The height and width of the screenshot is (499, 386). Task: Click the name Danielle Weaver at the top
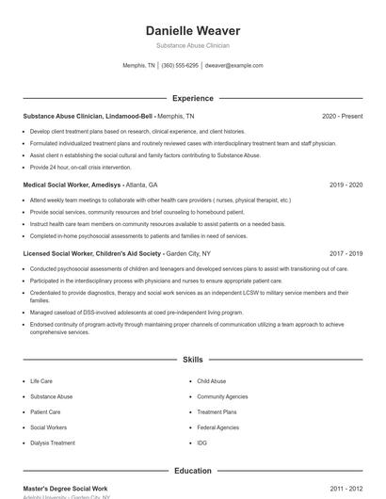pyautogui.click(x=192, y=30)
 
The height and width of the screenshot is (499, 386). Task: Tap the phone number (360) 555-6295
pyautogui.click(x=180, y=66)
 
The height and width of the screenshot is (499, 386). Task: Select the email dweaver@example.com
pyautogui.click(x=233, y=66)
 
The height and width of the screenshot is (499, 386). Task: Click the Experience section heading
pyautogui.click(x=192, y=98)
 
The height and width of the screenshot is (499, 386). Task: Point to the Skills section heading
pyautogui.click(x=192, y=360)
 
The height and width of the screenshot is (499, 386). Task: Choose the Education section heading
pyautogui.click(x=192, y=470)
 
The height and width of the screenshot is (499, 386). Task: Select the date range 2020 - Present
pyautogui.click(x=342, y=116)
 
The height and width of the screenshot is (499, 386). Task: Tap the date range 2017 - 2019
pyautogui.click(x=346, y=253)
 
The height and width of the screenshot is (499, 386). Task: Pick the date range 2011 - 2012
pyautogui.click(x=346, y=490)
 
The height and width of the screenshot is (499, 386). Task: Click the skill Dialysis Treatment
pyautogui.click(x=53, y=443)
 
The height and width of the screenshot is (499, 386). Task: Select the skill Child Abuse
pyautogui.click(x=211, y=381)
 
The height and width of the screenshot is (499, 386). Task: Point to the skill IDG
pyautogui.click(x=202, y=443)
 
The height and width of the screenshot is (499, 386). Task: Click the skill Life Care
pyautogui.click(x=41, y=381)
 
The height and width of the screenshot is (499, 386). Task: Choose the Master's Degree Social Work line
pyautogui.click(x=66, y=490)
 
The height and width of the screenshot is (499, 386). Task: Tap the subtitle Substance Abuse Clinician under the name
pyautogui.click(x=192, y=45)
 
